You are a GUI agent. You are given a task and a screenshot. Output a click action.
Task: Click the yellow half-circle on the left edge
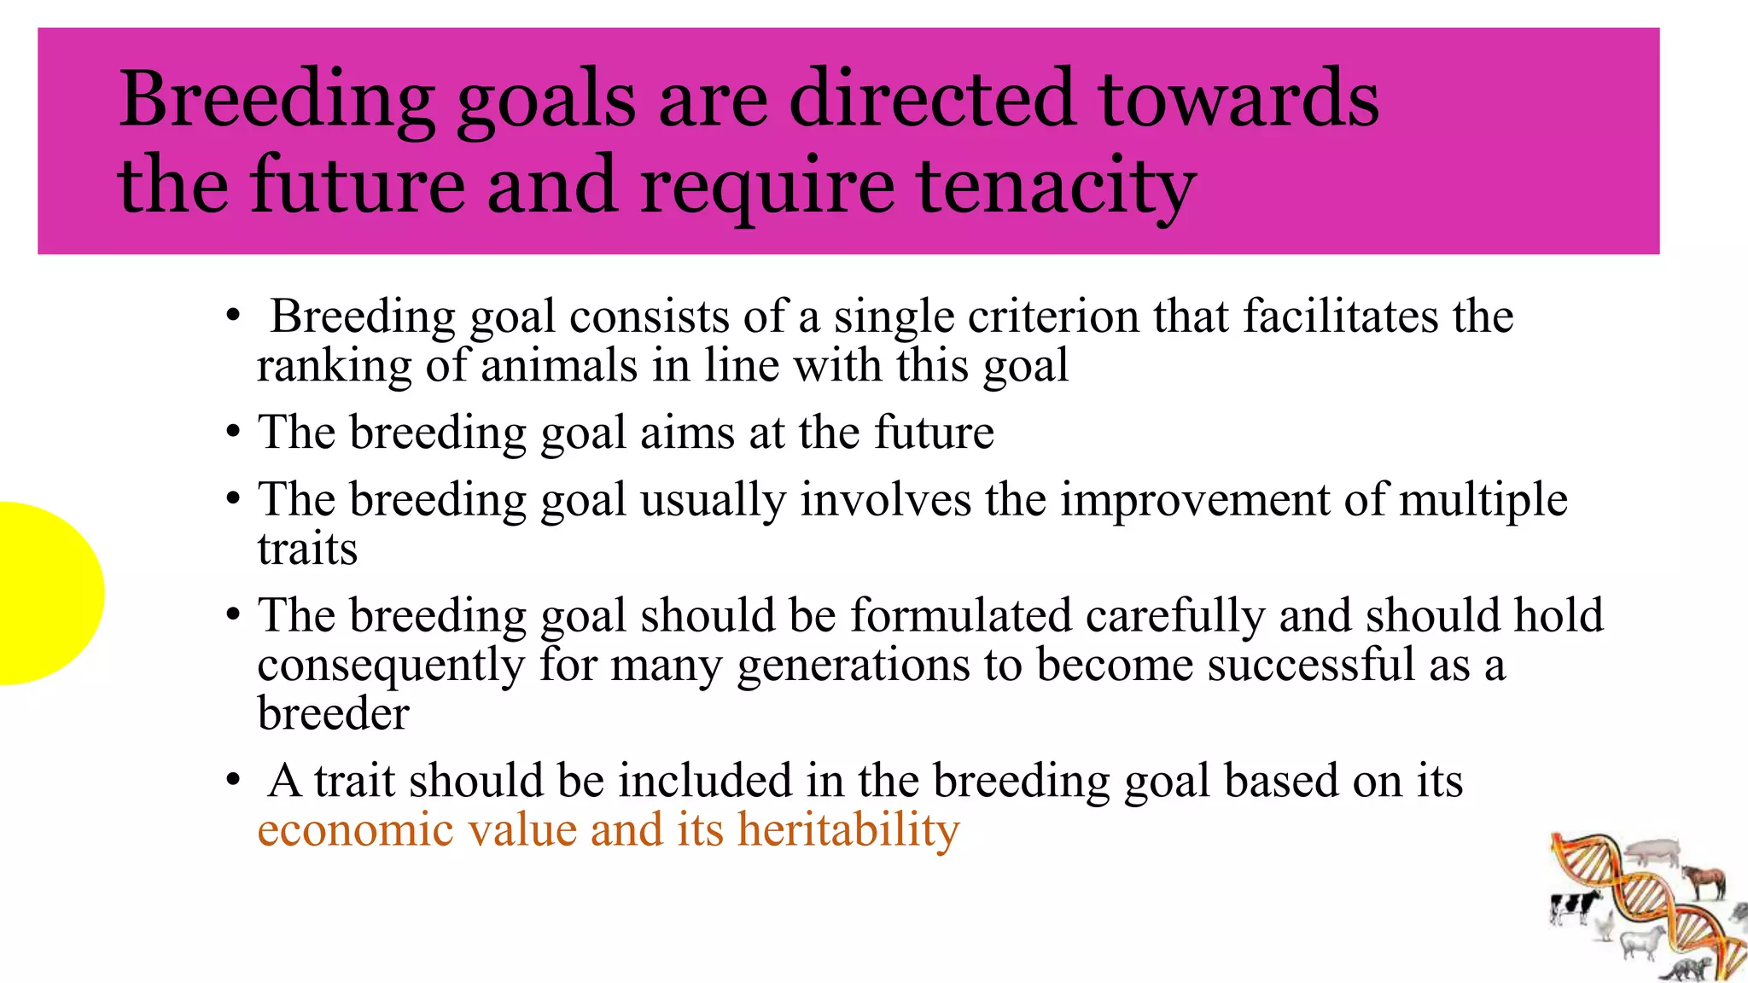click(47, 593)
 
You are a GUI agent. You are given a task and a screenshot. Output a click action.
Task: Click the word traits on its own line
click(307, 549)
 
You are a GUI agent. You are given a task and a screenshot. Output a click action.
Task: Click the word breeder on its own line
click(333, 713)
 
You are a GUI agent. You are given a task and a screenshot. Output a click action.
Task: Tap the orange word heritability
click(848, 829)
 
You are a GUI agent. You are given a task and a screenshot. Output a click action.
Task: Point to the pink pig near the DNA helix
click(1652, 850)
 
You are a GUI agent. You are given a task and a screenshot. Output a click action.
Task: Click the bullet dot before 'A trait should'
click(233, 780)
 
